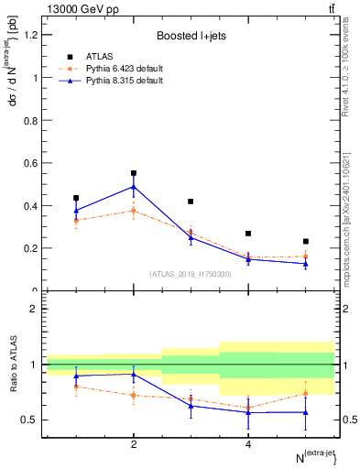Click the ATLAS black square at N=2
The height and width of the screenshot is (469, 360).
134,173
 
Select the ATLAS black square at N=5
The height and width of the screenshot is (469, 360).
305,242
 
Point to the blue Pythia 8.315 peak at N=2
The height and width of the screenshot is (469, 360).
134,187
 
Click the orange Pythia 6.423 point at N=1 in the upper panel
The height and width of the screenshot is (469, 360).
76,220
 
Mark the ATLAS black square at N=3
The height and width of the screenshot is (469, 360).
191,202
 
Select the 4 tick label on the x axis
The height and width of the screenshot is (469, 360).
248,445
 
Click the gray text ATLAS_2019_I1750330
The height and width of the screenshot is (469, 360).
190,273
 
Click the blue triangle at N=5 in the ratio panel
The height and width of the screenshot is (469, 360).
305,412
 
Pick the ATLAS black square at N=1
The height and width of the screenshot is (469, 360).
76,198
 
